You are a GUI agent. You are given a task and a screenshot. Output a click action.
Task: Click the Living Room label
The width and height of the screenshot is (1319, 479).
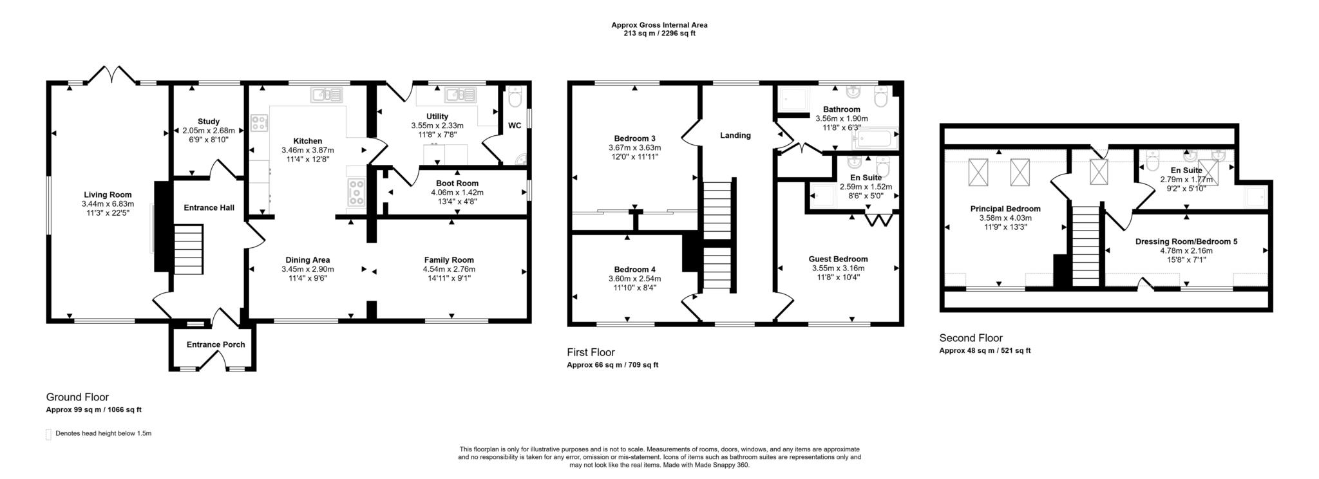(108, 194)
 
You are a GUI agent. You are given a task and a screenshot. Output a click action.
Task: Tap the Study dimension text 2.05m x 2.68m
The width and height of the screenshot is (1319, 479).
(208, 130)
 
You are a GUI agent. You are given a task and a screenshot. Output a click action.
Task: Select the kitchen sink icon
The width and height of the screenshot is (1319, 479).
(328, 95)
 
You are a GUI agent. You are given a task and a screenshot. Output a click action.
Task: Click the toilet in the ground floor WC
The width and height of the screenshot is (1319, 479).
(515, 99)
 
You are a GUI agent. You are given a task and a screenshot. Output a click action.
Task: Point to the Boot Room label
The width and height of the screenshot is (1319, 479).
(457, 183)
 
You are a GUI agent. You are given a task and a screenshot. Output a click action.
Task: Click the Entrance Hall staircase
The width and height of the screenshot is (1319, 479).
(189, 249)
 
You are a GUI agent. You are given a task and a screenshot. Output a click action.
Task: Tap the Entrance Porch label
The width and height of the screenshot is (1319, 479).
(216, 344)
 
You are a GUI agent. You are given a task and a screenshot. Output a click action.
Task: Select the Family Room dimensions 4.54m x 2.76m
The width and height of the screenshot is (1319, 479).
(449, 268)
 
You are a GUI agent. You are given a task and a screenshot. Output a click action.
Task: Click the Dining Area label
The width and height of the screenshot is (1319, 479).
(307, 260)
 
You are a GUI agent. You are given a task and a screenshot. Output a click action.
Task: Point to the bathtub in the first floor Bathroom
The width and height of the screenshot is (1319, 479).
(874, 138)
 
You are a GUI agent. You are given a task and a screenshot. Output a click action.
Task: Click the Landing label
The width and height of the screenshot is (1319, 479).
(735, 135)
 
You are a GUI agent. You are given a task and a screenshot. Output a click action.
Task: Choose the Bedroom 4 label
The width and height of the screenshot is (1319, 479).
(634, 269)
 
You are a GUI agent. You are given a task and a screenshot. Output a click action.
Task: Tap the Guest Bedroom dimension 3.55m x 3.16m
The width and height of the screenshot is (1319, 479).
(838, 268)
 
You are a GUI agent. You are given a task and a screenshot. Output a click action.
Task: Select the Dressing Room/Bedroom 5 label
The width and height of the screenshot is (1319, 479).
(1186, 241)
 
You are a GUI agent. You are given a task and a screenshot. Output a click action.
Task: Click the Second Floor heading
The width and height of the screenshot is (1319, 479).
(971, 338)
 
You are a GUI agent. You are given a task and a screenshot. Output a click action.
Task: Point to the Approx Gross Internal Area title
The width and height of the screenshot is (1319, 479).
(659, 25)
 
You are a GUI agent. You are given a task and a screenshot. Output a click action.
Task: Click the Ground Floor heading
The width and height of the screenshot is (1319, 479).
(77, 397)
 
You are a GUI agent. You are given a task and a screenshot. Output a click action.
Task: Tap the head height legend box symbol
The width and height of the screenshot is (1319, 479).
(48, 435)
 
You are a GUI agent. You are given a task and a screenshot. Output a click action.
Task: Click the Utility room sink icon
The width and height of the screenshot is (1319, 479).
(460, 95)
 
